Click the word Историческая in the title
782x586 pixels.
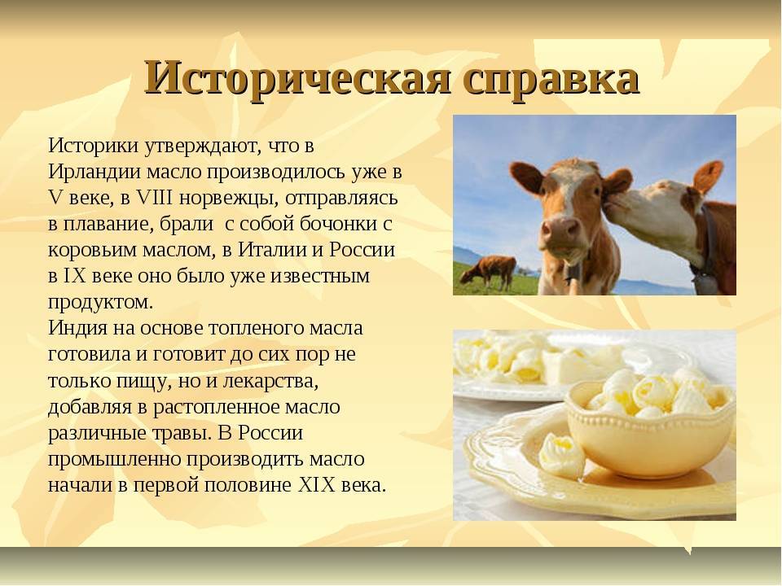(298, 79)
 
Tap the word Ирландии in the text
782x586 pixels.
(94, 172)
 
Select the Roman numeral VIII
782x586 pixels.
(154, 198)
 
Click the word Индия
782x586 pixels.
(78, 328)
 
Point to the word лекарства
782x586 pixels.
(270, 381)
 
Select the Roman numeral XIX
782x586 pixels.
(316, 485)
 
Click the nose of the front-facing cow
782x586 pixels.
(561, 230)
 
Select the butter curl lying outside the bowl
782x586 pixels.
(562, 454)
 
